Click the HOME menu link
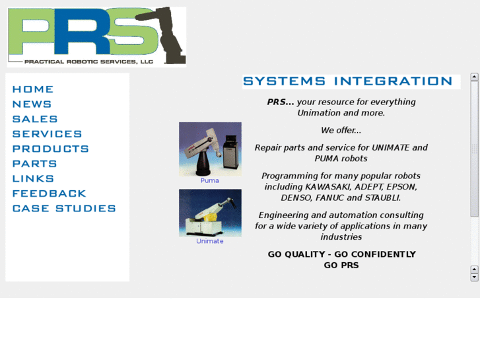click(33, 89)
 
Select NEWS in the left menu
click(32, 104)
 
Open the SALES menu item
click(35, 119)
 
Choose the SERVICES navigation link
click(47, 134)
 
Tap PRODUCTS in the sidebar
click(50, 149)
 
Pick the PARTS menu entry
click(34, 164)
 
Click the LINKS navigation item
click(33, 178)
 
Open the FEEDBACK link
click(49, 194)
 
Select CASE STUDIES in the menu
click(64, 209)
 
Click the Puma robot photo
click(210, 149)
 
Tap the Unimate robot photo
click(210, 213)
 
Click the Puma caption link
click(210, 180)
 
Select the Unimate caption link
click(210, 241)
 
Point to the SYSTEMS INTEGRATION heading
click(347, 81)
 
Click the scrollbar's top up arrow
click(474, 77)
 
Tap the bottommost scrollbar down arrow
click(474, 277)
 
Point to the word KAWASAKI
click(327, 187)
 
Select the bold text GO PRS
click(341, 265)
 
